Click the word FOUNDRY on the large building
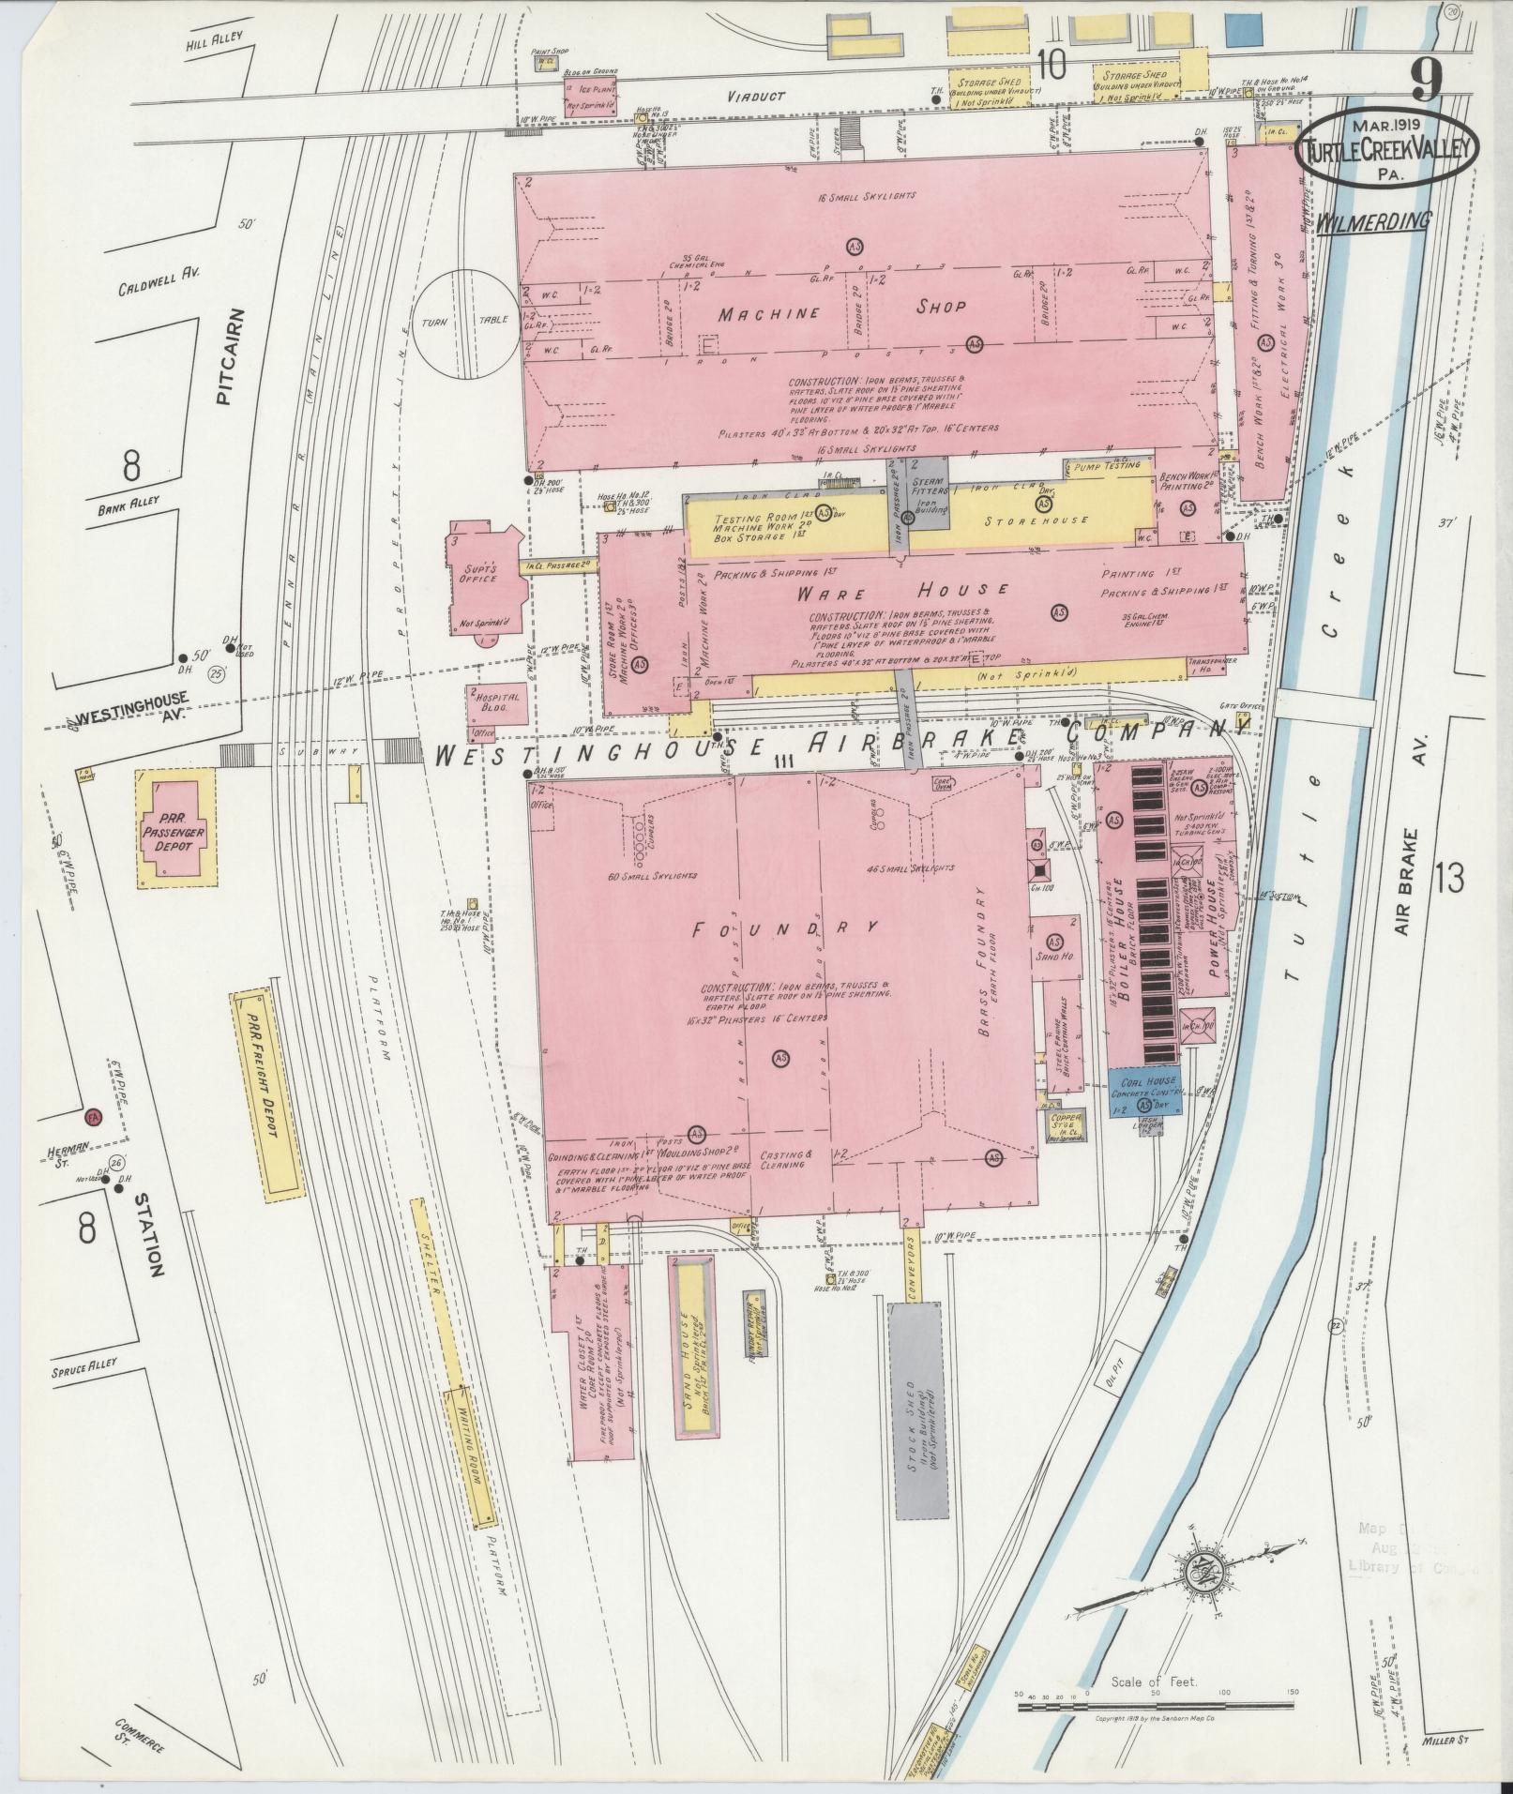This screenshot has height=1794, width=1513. click(784, 928)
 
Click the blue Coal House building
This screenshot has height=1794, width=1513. click(1144, 1091)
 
